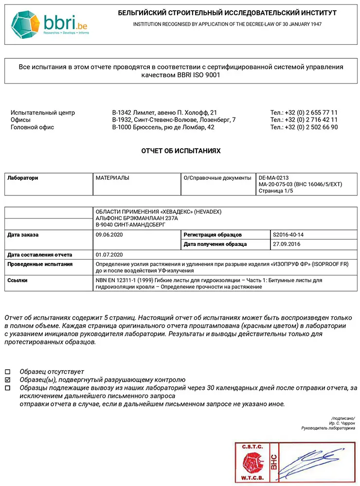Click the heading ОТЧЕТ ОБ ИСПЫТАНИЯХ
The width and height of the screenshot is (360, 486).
180,151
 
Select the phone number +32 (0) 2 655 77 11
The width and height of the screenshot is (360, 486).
304,112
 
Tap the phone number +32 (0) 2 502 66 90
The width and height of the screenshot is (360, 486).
304,127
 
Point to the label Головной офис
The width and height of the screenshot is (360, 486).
32,127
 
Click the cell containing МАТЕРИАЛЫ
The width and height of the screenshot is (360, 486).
112,178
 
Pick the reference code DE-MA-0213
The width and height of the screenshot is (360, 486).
273,178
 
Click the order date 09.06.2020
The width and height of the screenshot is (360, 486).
109,235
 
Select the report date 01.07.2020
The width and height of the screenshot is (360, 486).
109,254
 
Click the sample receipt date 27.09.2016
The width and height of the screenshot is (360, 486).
286,244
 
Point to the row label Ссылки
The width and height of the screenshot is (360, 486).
18,280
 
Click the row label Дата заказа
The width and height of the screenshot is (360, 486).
23,235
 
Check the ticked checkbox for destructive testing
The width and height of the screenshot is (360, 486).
7,380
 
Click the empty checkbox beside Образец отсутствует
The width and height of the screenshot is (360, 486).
7,371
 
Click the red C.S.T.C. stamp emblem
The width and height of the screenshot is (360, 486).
251,462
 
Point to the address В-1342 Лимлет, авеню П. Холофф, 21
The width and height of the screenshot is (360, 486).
164,112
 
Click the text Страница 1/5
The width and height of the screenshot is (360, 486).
276,191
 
